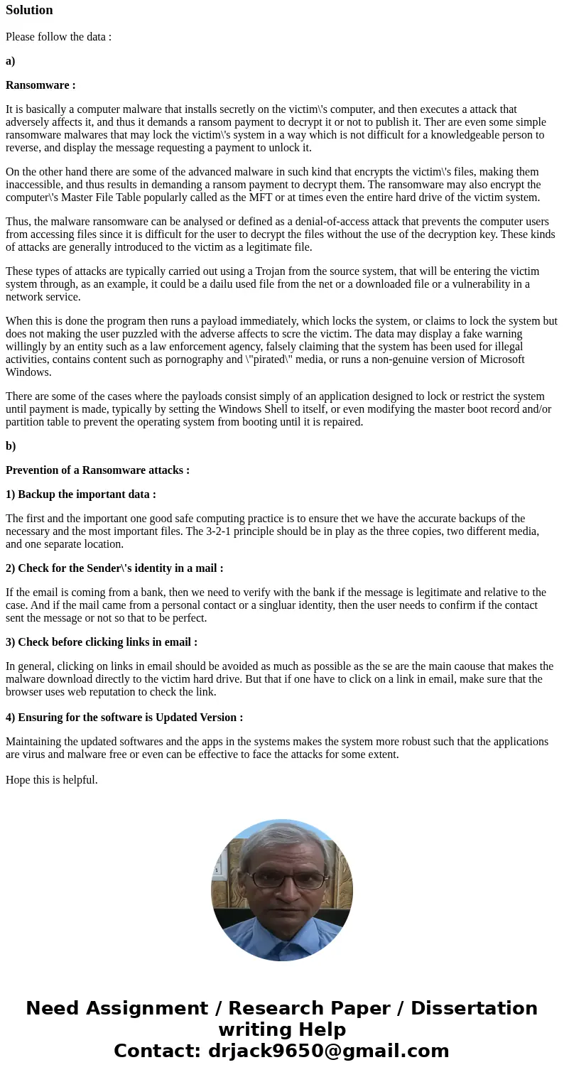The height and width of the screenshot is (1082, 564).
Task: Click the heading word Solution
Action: coord(29,10)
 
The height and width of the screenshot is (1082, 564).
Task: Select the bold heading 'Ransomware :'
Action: coord(40,85)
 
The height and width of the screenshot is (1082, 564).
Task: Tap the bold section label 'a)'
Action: coord(11,61)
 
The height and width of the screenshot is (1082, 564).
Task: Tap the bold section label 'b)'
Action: coord(11,446)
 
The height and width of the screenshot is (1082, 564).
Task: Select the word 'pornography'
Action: coord(184,359)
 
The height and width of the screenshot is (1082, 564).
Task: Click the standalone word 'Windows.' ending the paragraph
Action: coord(28,372)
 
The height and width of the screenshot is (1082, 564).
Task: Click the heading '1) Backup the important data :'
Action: coord(81,494)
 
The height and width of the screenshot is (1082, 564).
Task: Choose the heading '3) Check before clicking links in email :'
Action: coord(102,642)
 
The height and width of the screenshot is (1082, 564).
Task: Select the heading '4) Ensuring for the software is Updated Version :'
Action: coord(124,718)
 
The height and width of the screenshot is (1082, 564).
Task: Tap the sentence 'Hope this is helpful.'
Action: coord(52,780)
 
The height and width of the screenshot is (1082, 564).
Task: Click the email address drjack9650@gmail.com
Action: coord(328,1051)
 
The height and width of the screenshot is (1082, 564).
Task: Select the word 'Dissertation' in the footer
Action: coord(474,1009)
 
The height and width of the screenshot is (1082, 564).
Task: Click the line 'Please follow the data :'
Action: coord(58,37)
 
